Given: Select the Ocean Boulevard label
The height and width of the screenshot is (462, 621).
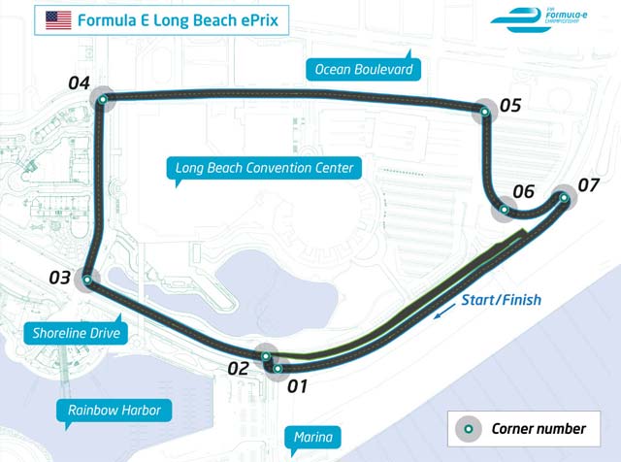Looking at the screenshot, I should point(363,69).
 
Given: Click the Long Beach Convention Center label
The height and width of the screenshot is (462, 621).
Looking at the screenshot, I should point(264,168).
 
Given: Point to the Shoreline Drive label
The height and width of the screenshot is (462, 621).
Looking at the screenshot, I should point(70,332).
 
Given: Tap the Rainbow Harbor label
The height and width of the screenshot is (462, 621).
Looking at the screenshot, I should point(114,411).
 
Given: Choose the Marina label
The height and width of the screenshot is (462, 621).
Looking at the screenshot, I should point(312,438).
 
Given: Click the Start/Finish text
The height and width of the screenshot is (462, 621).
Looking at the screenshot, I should point(502,299).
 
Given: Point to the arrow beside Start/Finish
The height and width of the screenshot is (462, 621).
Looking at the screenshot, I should point(443,312).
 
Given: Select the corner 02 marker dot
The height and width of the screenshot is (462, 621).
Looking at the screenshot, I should point(267,356).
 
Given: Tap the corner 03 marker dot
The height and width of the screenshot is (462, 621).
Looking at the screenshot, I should point(87,280).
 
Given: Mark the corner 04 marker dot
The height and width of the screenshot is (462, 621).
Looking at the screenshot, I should point(102,97).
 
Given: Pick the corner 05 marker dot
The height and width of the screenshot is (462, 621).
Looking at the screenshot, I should point(484,113).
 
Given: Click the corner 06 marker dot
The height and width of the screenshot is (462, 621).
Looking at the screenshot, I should point(505,208).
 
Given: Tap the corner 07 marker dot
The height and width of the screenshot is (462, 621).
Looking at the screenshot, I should point(564,197).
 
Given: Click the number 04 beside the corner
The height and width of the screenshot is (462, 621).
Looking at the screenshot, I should point(80,82).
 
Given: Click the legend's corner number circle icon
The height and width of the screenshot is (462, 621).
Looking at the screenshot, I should point(469,428).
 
